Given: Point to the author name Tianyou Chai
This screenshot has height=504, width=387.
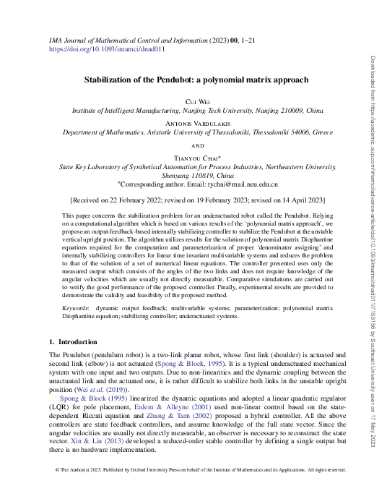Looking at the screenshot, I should tap(193, 157).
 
